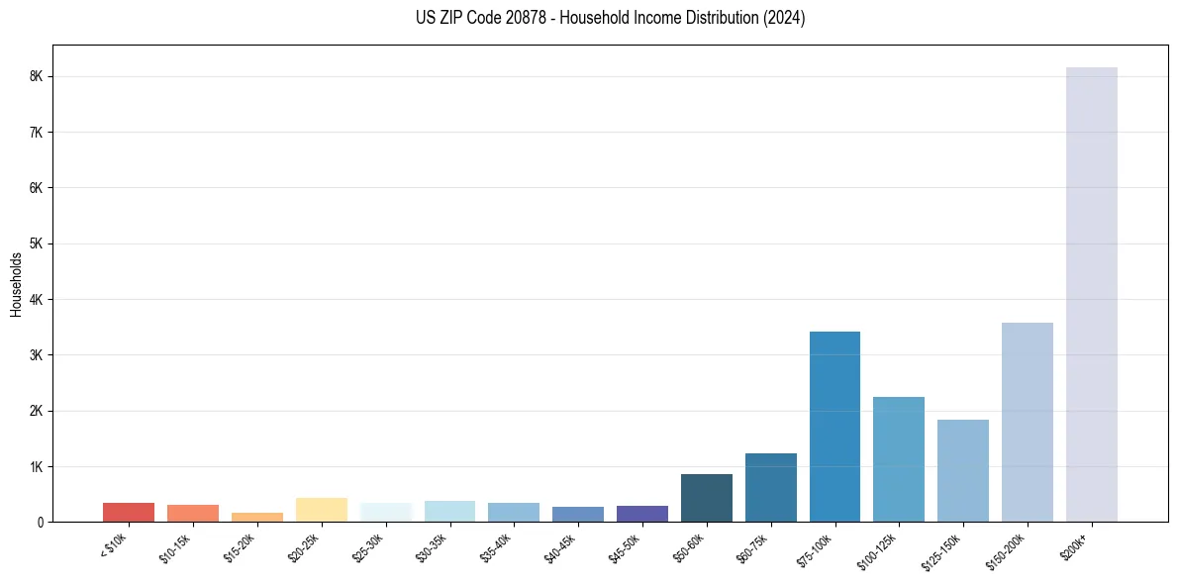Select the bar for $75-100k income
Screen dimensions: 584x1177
834,427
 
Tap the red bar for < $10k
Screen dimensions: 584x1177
129,512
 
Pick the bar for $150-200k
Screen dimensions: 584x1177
1027,422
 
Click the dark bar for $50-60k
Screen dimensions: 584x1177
707,498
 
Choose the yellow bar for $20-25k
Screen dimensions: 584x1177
321,510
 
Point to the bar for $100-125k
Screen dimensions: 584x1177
899,459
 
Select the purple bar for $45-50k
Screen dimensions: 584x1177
642,514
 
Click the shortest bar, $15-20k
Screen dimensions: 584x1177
256,517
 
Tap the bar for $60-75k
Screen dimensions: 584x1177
770,487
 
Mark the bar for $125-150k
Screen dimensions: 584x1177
962,470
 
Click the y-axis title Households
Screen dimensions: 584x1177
17,284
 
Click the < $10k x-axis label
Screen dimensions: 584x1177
114,545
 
